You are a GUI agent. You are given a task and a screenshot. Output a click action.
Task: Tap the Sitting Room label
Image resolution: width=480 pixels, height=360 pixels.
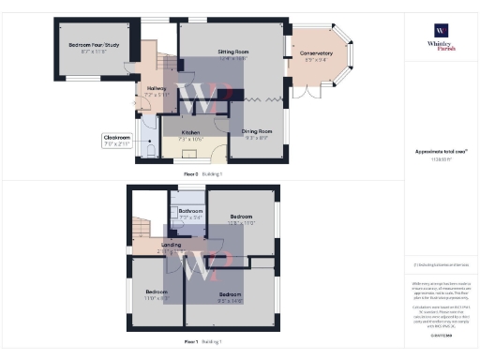point(232,53)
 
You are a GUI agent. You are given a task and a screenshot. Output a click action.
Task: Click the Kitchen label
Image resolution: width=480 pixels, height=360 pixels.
point(190,135)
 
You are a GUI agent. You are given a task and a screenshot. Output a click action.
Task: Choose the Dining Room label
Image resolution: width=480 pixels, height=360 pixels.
point(258,133)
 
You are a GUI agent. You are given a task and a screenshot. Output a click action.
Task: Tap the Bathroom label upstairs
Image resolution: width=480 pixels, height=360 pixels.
point(191,214)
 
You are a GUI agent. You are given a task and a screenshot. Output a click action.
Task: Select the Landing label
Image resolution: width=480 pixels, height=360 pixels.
point(171,247)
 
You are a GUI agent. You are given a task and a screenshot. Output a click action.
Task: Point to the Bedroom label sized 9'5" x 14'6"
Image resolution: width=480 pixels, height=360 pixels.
point(231,298)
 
